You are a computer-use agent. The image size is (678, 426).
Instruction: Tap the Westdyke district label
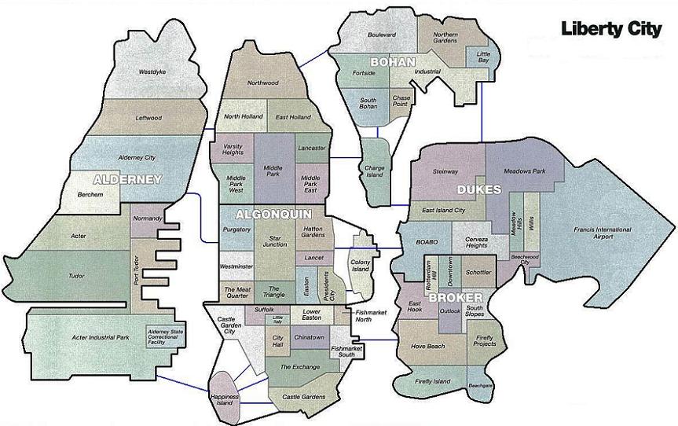point(152,72)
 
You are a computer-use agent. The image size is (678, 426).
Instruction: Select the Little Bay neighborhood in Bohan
point(483,57)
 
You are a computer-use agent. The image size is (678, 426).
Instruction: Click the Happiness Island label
point(225,400)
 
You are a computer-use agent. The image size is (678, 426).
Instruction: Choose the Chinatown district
point(309,337)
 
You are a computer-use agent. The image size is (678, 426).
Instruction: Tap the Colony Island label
point(360,265)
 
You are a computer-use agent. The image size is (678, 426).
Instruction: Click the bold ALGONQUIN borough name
point(273,214)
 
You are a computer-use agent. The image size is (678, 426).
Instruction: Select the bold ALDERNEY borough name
point(126,179)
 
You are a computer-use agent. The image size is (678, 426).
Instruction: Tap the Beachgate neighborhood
point(479,386)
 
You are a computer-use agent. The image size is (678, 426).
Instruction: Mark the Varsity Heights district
point(233,149)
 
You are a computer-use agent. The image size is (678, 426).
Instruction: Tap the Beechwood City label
point(525,259)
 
